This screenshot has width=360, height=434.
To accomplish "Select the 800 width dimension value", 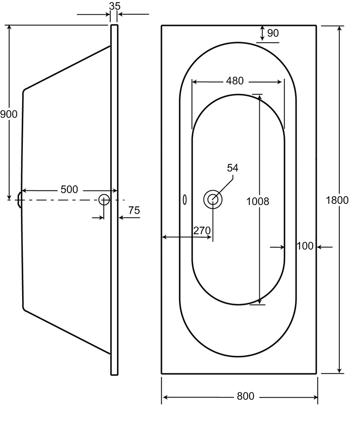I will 245,396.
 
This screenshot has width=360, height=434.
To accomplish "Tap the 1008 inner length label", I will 258,201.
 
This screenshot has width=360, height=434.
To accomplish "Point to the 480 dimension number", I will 235,81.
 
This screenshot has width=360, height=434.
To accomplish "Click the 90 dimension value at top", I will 273,33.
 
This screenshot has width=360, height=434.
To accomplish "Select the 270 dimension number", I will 202,230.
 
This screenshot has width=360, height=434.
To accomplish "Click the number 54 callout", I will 232,168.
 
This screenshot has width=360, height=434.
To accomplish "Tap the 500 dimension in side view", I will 69,190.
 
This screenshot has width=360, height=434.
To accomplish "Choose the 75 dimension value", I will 134,210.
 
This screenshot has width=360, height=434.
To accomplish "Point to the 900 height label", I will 9,114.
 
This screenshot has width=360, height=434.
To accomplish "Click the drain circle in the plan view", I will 213,199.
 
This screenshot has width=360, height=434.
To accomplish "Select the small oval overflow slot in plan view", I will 185,200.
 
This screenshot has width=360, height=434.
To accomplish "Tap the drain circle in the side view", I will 104,200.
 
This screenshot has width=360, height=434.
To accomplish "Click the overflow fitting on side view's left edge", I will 19,200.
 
